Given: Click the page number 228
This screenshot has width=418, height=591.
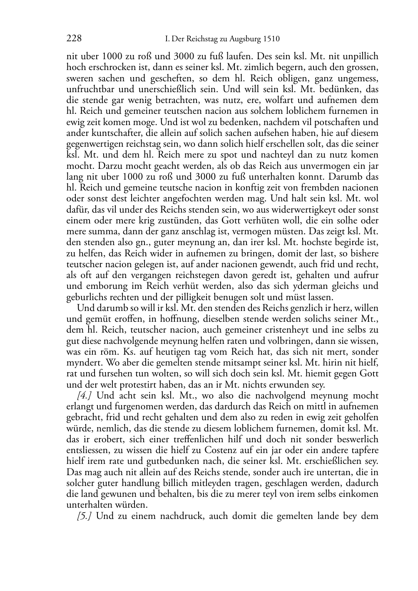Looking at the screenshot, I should tap(74, 39).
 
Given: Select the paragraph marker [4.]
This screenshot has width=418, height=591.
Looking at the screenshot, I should tap(85, 396).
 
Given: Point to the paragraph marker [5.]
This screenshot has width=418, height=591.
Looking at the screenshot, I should tap(85, 516).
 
